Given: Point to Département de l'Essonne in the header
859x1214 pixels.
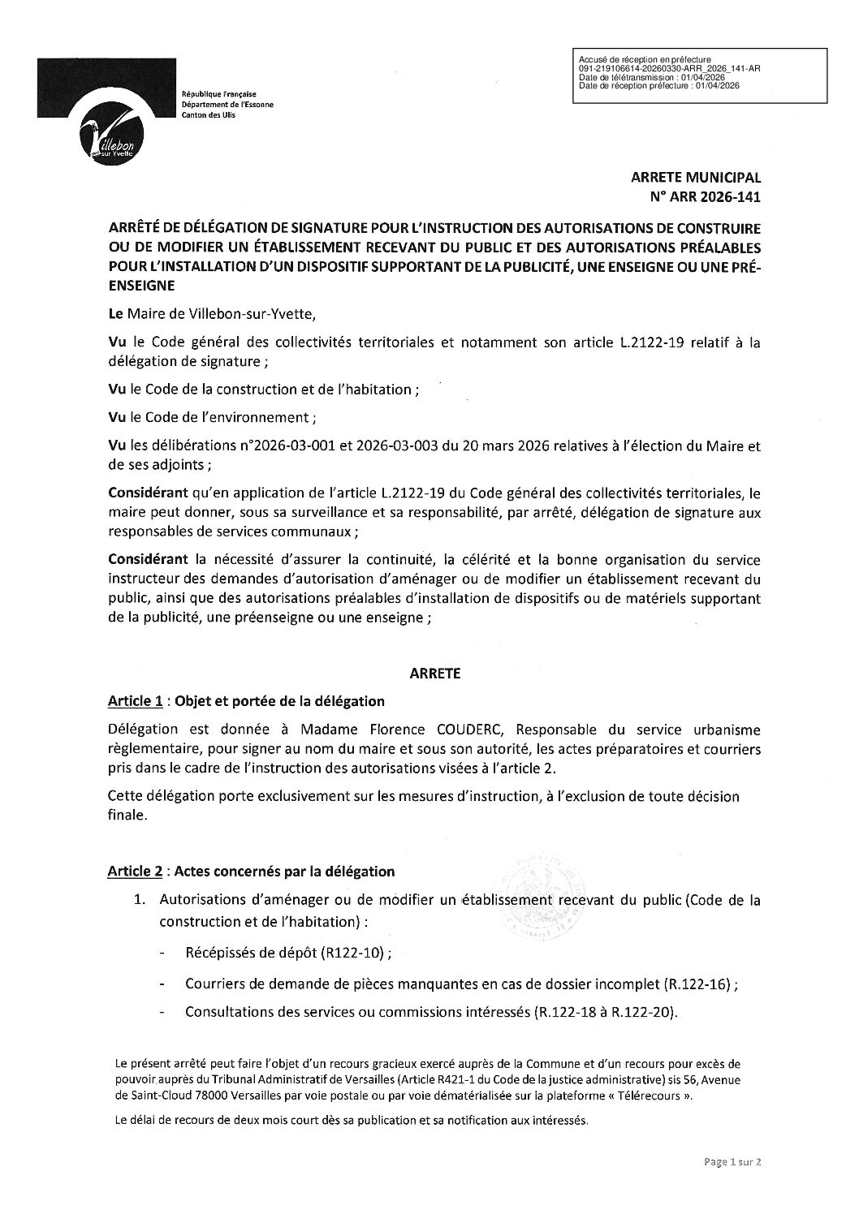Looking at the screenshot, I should [x=228, y=105].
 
